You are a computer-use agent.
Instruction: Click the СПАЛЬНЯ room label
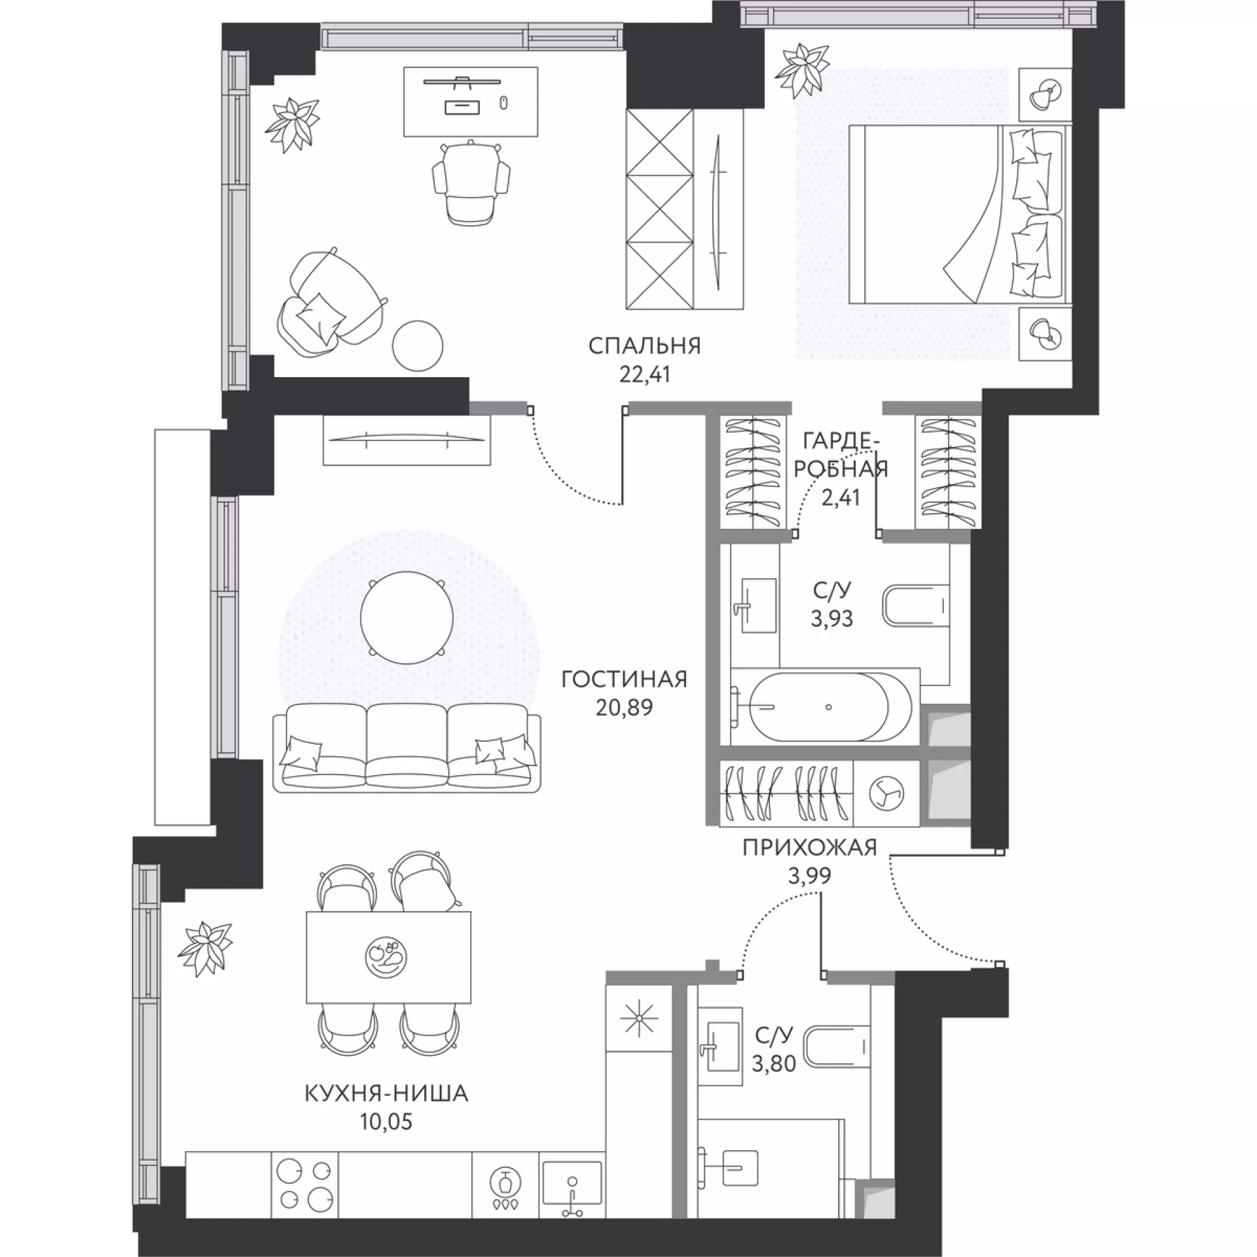tap(644, 346)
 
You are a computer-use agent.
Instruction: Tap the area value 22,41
tap(645, 375)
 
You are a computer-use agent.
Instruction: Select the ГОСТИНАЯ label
tap(625, 680)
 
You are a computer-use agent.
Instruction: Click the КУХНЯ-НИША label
tap(386, 1094)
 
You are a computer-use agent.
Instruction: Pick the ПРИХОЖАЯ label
tap(810, 848)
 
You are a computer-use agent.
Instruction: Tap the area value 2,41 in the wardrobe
tap(840, 498)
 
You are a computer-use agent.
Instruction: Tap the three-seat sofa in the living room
tap(407, 748)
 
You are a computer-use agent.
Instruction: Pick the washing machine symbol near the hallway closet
tap(886, 792)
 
